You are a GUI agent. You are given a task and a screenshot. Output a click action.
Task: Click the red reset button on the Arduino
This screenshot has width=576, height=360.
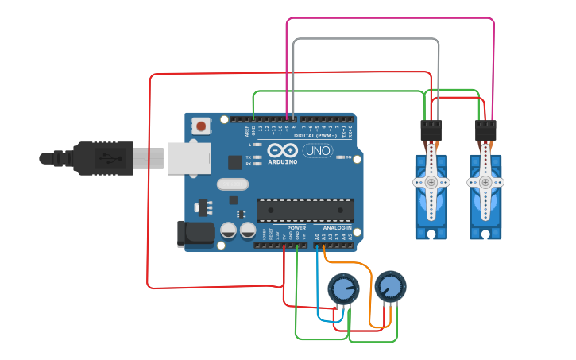point(201,126)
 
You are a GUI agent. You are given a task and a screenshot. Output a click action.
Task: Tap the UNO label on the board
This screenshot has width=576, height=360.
point(317,150)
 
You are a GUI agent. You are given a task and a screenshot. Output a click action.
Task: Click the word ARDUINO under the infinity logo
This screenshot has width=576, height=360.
point(282,161)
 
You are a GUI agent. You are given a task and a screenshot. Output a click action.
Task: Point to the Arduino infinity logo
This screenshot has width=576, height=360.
point(282,150)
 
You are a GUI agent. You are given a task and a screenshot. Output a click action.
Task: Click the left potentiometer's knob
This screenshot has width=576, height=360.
point(343,288)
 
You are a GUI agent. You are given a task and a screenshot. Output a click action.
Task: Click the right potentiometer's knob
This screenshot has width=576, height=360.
point(389,286)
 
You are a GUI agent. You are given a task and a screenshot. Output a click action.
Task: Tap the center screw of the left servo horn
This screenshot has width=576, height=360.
point(431,182)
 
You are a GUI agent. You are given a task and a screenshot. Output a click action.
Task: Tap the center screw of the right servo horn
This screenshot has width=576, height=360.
point(485,182)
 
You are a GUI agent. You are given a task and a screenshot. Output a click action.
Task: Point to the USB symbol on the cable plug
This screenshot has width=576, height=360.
point(106,157)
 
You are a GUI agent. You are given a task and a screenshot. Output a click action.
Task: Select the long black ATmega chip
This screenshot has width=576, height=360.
point(305,210)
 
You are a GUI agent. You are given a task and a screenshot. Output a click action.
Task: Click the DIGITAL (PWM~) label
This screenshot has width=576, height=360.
point(314,135)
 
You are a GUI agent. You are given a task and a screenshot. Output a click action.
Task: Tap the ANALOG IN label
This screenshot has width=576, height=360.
point(338,228)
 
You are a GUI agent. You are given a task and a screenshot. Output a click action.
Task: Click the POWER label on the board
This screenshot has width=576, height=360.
point(285,228)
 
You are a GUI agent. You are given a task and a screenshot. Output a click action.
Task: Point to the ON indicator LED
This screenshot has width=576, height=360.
point(341,157)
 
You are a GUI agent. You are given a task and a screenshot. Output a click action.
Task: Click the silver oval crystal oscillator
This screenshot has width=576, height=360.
point(232,184)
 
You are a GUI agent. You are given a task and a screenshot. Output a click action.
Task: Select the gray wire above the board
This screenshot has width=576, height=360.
point(365,39)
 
